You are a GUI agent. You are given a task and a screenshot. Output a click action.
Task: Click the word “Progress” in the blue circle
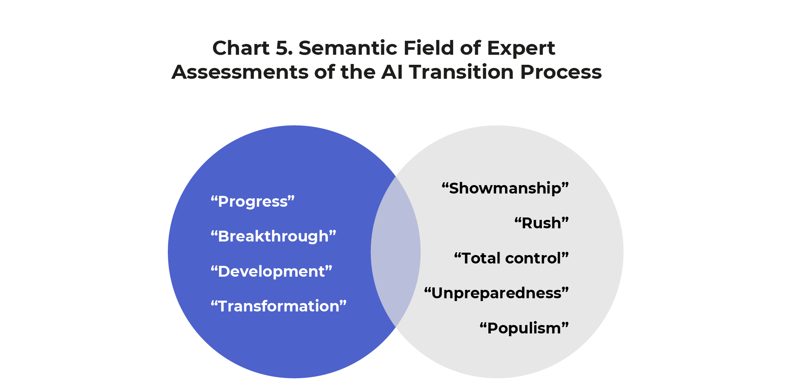[253, 201]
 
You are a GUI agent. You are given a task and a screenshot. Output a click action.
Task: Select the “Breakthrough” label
[273, 236]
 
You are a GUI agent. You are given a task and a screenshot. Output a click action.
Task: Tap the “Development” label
[271, 271]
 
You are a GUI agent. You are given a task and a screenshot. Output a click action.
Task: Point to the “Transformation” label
[279, 306]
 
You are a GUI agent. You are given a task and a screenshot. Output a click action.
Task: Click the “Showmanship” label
[505, 188]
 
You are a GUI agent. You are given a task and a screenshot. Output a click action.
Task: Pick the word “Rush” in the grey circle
[541, 223]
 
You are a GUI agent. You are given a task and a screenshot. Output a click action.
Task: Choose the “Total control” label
[511, 258]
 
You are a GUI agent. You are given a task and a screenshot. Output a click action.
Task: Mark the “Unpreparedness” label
[496, 293]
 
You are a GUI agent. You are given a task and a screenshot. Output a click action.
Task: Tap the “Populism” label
[524, 328]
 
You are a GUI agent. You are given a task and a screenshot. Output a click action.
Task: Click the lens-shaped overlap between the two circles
[396, 252]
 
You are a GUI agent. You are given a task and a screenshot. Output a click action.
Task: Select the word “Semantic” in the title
[348, 48]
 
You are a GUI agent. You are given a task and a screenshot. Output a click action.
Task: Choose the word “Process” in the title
[561, 72]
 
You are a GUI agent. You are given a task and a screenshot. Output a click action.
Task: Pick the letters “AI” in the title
[392, 72]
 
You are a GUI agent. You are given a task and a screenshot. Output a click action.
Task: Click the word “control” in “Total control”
[533, 258]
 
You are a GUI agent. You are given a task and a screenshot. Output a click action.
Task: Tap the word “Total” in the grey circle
[481, 258]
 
